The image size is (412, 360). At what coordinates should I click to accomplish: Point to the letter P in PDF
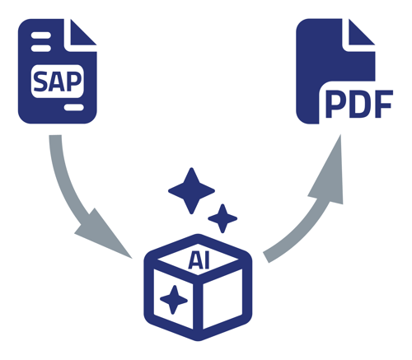click(x=335, y=109)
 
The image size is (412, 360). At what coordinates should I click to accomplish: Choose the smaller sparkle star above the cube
click(x=222, y=218)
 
